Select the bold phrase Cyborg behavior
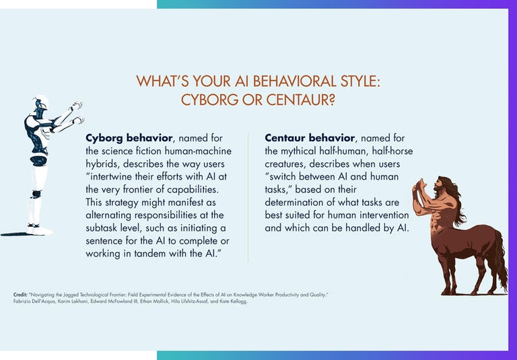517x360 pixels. [127, 138]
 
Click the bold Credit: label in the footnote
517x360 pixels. [20, 295]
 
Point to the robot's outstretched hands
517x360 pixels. [75, 107]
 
